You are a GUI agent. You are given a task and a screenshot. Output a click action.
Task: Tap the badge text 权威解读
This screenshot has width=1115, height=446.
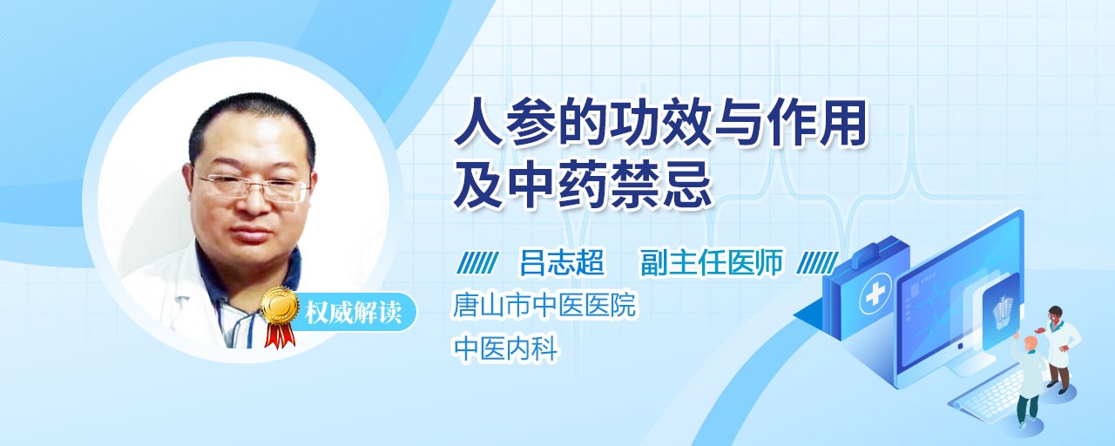(354, 313)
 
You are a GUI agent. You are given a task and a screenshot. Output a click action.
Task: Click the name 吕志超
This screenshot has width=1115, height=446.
(562, 262)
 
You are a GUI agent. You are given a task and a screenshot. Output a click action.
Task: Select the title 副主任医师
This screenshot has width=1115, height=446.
(712, 262)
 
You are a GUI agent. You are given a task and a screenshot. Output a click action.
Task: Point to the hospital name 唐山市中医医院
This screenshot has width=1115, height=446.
(544, 305)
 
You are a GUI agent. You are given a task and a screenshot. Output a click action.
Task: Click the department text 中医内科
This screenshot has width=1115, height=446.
(505, 348)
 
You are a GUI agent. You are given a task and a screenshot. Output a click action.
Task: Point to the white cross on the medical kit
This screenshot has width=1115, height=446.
(875, 294)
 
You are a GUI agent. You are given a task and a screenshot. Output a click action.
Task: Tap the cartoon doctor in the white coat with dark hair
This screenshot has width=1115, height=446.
(1060, 348)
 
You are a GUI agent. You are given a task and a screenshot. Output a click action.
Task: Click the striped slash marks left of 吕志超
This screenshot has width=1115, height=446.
(477, 262)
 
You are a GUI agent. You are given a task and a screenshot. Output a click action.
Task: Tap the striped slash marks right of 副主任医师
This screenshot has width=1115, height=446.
(817, 262)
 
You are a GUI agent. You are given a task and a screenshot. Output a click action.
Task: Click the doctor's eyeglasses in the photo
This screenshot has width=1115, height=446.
(252, 187)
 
